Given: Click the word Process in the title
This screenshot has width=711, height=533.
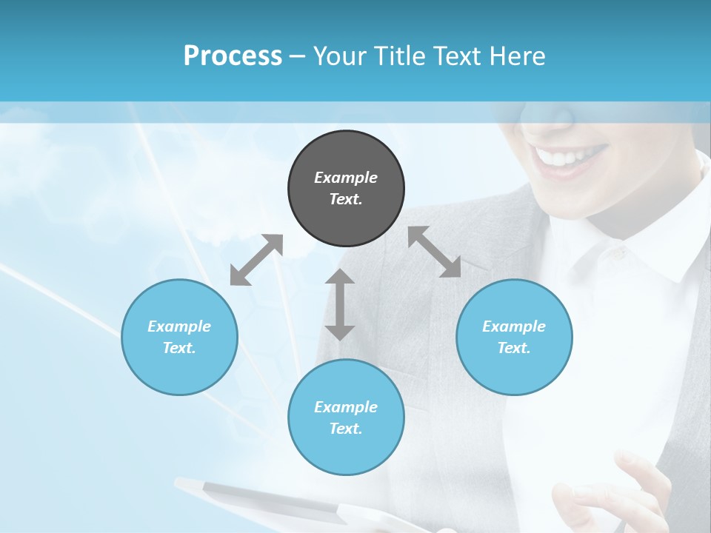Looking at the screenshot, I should [233, 56].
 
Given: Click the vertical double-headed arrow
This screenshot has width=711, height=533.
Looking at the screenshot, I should [340, 304].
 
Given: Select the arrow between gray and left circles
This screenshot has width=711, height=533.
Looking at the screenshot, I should [256, 260].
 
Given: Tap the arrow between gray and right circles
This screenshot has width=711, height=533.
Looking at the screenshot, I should [435, 252].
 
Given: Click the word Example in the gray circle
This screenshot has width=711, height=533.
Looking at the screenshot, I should [346, 178].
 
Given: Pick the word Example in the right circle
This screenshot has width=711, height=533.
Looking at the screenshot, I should [514, 326].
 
